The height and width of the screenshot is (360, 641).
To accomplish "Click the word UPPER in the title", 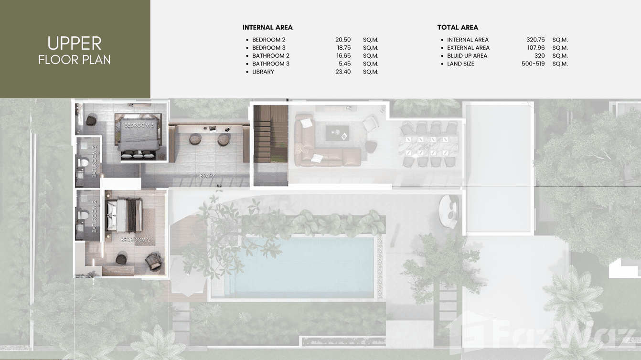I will (x=75, y=43).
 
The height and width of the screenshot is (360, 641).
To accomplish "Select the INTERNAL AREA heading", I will (x=267, y=27).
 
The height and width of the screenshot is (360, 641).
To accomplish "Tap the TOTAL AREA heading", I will (x=458, y=27).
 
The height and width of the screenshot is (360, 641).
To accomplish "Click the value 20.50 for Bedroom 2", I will (x=343, y=40).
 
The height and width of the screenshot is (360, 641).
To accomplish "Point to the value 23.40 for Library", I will (x=343, y=72).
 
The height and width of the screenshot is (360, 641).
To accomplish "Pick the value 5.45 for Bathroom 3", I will (x=344, y=64).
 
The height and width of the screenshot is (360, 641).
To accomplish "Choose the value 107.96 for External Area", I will (x=535, y=48).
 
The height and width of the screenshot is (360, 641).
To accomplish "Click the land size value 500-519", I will (x=533, y=64).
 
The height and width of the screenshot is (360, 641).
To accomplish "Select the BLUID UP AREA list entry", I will (x=467, y=56).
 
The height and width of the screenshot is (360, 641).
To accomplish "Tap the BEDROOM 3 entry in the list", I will (x=269, y=48).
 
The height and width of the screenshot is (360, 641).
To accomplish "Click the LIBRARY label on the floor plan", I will (x=205, y=176).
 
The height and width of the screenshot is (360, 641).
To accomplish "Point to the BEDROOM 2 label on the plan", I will (x=136, y=240).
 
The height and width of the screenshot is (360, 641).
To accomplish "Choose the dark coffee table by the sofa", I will (x=338, y=133).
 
